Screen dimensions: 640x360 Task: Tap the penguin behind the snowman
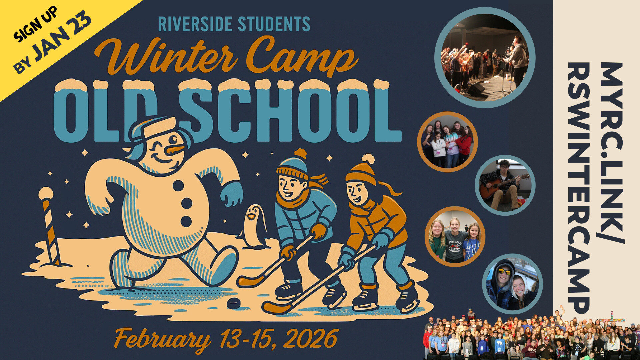pyautogui.click(x=255, y=227)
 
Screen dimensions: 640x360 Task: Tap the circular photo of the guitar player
pyautogui.click(x=505, y=185)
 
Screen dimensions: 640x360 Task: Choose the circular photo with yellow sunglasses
pyautogui.click(x=512, y=285)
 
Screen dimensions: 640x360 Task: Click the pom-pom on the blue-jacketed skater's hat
pyautogui.click(x=300, y=153)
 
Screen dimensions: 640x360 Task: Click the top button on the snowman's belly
pyautogui.click(x=178, y=185)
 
